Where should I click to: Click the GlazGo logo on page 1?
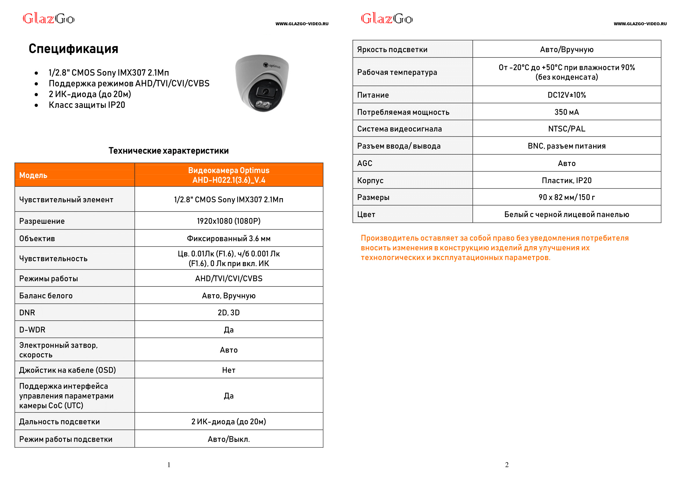tap(48, 19)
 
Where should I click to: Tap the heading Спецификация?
tap(73, 49)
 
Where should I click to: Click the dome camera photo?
tap(261, 83)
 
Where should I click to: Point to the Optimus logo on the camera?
tap(272, 66)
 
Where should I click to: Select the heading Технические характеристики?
tap(168, 151)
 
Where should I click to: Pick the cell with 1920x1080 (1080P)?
tap(228, 221)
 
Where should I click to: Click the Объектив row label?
tap(37, 239)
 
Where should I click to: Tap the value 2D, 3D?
tap(228, 313)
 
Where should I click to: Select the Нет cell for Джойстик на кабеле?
tap(228, 370)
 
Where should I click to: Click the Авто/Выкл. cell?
tap(228, 439)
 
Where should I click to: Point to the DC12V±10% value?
tap(566, 95)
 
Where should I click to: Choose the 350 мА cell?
tap(566, 112)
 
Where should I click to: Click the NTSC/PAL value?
tap(566, 129)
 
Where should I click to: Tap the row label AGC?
tap(365, 163)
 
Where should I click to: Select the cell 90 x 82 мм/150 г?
tap(566, 197)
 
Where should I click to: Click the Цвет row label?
tap(366, 214)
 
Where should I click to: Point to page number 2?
tap(507, 465)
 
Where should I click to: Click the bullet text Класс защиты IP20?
tap(87, 105)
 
